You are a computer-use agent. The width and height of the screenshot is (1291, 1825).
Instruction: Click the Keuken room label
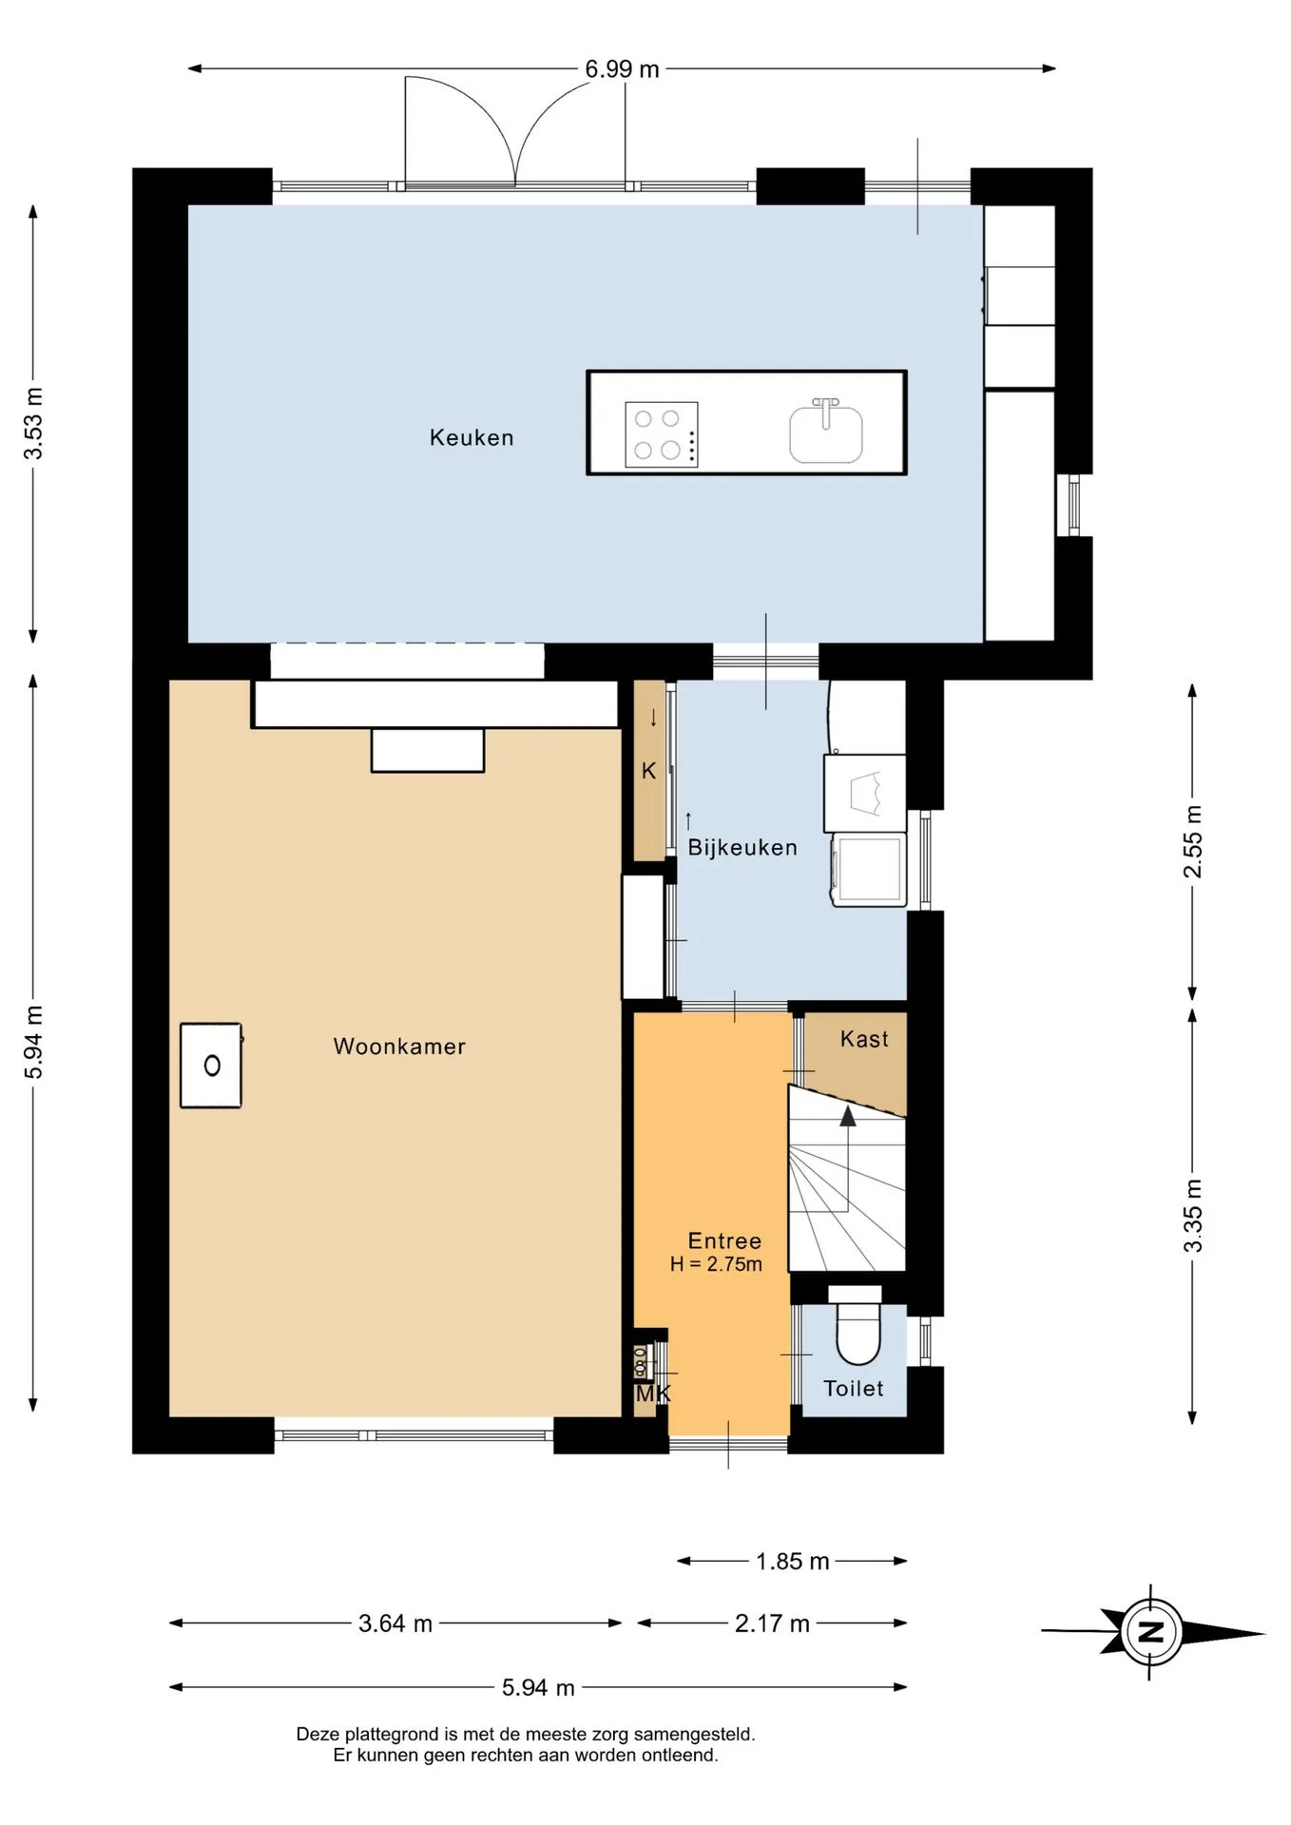pyautogui.click(x=472, y=437)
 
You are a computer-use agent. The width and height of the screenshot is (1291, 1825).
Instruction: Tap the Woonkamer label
pyautogui.click(x=399, y=1047)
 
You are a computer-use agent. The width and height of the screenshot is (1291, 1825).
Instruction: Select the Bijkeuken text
pyautogui.click(x=742, y=847)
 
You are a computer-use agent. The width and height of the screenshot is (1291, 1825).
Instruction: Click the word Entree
pyautogui.click(x=724, y=1240)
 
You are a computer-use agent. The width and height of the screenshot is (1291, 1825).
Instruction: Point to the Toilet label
pyautogui.click(x=854, y=1389)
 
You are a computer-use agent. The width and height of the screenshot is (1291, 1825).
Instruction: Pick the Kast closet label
pyautogui.click(x=864, y=1039)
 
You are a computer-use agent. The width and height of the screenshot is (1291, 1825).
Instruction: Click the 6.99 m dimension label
pyautogui.click(x=622, y=69)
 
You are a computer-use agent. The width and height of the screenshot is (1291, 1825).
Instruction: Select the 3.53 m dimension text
pyautogui.click(x=34, y=424)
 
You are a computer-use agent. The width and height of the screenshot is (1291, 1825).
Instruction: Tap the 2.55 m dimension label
pyautogui.click(x=1193, y=842)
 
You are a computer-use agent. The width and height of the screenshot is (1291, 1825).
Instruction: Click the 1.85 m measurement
pyautogui.click(x=793, y=1562)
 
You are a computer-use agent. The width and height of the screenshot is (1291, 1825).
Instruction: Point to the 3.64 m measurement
pyautogui.click(x=395, y=1623)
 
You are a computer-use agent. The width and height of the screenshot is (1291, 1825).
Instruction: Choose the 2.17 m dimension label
pyautogui.click(x=772, y=1623)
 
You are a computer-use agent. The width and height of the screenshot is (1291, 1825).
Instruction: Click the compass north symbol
pyautogui.click(x=1151, y=1633)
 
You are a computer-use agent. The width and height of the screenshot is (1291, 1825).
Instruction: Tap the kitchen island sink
pyautogui.click(x=826, y=432)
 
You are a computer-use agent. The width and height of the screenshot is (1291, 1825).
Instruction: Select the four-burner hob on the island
pyautogui.click(x=662, y=433)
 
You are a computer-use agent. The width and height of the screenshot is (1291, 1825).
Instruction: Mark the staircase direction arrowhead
pyautogui.click(x=847, y=1116)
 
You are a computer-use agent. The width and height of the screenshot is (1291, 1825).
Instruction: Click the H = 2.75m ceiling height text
pyautogui.click(x=716, y=1264)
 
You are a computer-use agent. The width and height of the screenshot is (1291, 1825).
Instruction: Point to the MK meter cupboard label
pyautogui.click(x=653, y=1394)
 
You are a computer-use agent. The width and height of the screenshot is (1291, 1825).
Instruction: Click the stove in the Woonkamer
pyautogui.click(x=211, y=1066)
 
